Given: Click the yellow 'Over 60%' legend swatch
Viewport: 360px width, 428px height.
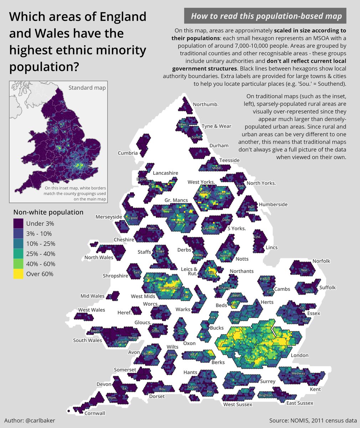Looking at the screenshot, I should [18, 274].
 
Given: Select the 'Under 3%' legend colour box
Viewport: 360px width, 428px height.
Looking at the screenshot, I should [18, 224].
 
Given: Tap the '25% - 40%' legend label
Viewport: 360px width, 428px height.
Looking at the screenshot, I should [41, 254].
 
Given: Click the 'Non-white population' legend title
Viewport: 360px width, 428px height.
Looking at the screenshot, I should [48, 212].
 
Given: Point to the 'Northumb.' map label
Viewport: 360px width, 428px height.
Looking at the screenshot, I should [206, 105].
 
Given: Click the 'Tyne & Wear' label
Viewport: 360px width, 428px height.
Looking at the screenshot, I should [216, 126].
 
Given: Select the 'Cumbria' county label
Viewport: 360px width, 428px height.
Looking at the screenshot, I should [128, 153].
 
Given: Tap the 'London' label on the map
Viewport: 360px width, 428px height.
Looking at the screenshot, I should [299, 356].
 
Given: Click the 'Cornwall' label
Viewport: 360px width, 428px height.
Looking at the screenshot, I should [95, 413].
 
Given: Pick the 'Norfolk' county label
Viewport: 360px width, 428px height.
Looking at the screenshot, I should [321, 261].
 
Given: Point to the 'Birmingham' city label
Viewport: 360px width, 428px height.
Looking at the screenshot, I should [170, 288].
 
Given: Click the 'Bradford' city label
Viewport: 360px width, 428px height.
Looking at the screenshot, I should [204, 192].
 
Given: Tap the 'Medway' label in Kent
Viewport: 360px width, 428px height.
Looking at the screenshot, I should [298, 373].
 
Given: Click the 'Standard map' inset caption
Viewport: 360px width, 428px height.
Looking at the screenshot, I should [87, 88].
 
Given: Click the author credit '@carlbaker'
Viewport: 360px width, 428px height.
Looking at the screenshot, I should [30, 421].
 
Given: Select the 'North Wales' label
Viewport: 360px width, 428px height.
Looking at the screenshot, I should [99, 258].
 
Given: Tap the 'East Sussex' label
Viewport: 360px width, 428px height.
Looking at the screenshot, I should [300, 403].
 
